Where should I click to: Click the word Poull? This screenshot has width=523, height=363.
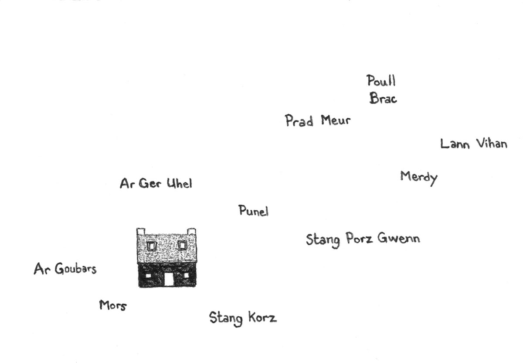tap(381, 80)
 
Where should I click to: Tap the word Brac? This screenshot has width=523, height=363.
tap(383, 98)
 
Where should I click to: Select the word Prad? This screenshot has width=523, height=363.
tap(299, 120)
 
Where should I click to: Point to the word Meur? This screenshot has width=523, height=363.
tap(336, 120)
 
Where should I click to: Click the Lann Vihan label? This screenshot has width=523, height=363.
tap(474, 144)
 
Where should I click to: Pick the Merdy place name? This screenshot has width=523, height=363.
tap(419, 178)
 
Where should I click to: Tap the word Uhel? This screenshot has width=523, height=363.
tap(180, 183)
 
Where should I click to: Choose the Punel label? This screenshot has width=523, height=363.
tap(254, 211)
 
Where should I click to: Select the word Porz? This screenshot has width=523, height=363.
tap(359, 238)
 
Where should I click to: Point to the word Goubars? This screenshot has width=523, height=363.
tap(76, 269)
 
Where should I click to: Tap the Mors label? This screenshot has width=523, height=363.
tap(113, 305)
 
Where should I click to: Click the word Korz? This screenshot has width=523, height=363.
tap(262, 317)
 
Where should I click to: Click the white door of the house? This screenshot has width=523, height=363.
tap(169, 279)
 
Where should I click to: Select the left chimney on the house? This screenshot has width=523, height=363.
tap(141, 231)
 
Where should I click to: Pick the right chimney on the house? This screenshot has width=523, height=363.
tap(191, 231)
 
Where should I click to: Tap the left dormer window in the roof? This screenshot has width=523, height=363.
tap(151, 246)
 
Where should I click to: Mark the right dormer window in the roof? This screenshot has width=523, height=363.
tap(182, 246)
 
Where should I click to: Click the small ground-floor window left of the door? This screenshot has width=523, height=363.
tap(148, 276)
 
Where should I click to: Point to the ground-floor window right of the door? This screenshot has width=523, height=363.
tap(186, 275)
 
